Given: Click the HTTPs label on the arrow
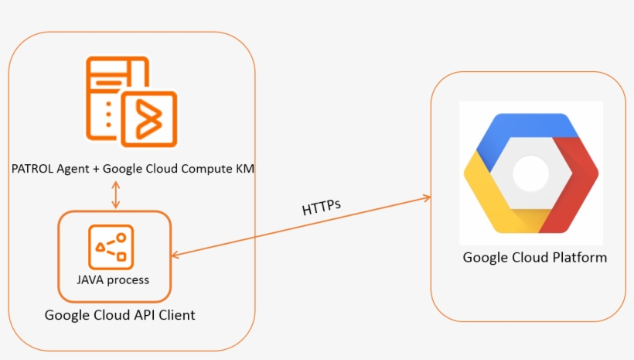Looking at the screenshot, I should coord(322,206).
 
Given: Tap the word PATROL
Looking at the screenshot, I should coord(32,169).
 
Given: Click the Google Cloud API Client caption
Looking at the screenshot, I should coord(120,315).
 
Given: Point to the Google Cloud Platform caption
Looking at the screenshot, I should coord(534,257).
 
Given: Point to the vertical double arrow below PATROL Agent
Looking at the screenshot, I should coord(116,194).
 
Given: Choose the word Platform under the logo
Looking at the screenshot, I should coord(580,257).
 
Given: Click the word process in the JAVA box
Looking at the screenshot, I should coord(128,280).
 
